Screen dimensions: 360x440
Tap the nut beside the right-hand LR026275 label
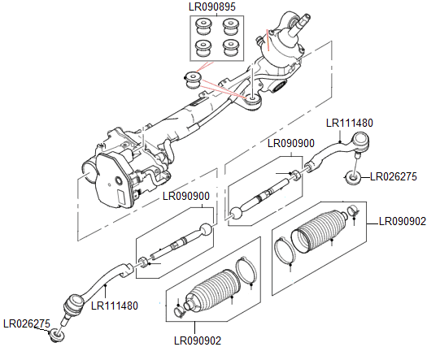tap(354, 176)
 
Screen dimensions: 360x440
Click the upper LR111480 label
tap(350, 123)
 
